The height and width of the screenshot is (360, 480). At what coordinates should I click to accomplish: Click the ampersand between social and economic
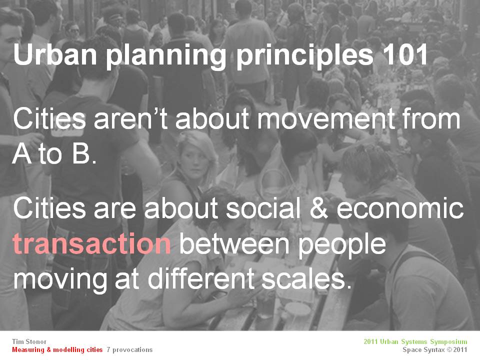coord(318,208)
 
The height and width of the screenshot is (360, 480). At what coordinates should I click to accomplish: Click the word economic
coord(399,208)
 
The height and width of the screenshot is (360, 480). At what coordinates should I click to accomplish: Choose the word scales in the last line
coord(306,278)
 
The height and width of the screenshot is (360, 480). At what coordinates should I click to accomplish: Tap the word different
coord(202,278)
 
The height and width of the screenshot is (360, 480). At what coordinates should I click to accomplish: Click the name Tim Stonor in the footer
coord(29,341)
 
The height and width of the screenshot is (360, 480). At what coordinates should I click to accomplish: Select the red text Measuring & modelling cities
coord(57,349)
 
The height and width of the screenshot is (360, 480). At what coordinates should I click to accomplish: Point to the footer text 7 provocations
coord(129,350)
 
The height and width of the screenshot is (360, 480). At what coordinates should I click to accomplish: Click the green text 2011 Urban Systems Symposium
coord(415,341)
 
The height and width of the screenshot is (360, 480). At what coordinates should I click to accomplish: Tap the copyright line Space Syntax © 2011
coord(435,349)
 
